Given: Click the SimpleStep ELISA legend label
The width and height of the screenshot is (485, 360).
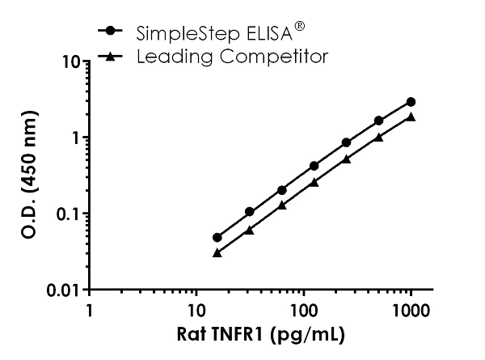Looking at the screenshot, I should [214, 33].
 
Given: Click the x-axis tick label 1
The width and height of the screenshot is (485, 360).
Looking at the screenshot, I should [89, 309].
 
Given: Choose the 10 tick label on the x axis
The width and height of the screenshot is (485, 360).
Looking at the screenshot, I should [195, 309].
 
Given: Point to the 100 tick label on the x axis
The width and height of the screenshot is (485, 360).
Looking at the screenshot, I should [302, 309].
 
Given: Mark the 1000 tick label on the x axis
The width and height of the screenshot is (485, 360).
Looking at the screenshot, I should [410, 309].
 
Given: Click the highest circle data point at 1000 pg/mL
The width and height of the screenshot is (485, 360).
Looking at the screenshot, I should [411, 102].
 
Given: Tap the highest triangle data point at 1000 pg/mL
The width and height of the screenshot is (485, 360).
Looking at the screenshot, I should [411, 116].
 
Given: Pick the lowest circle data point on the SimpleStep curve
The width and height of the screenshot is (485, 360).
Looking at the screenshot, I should [217, 237].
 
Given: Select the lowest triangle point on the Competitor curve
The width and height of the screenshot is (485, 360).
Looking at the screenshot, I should [217, 252].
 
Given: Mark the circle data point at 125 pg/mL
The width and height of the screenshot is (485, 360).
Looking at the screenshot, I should [314, 166].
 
